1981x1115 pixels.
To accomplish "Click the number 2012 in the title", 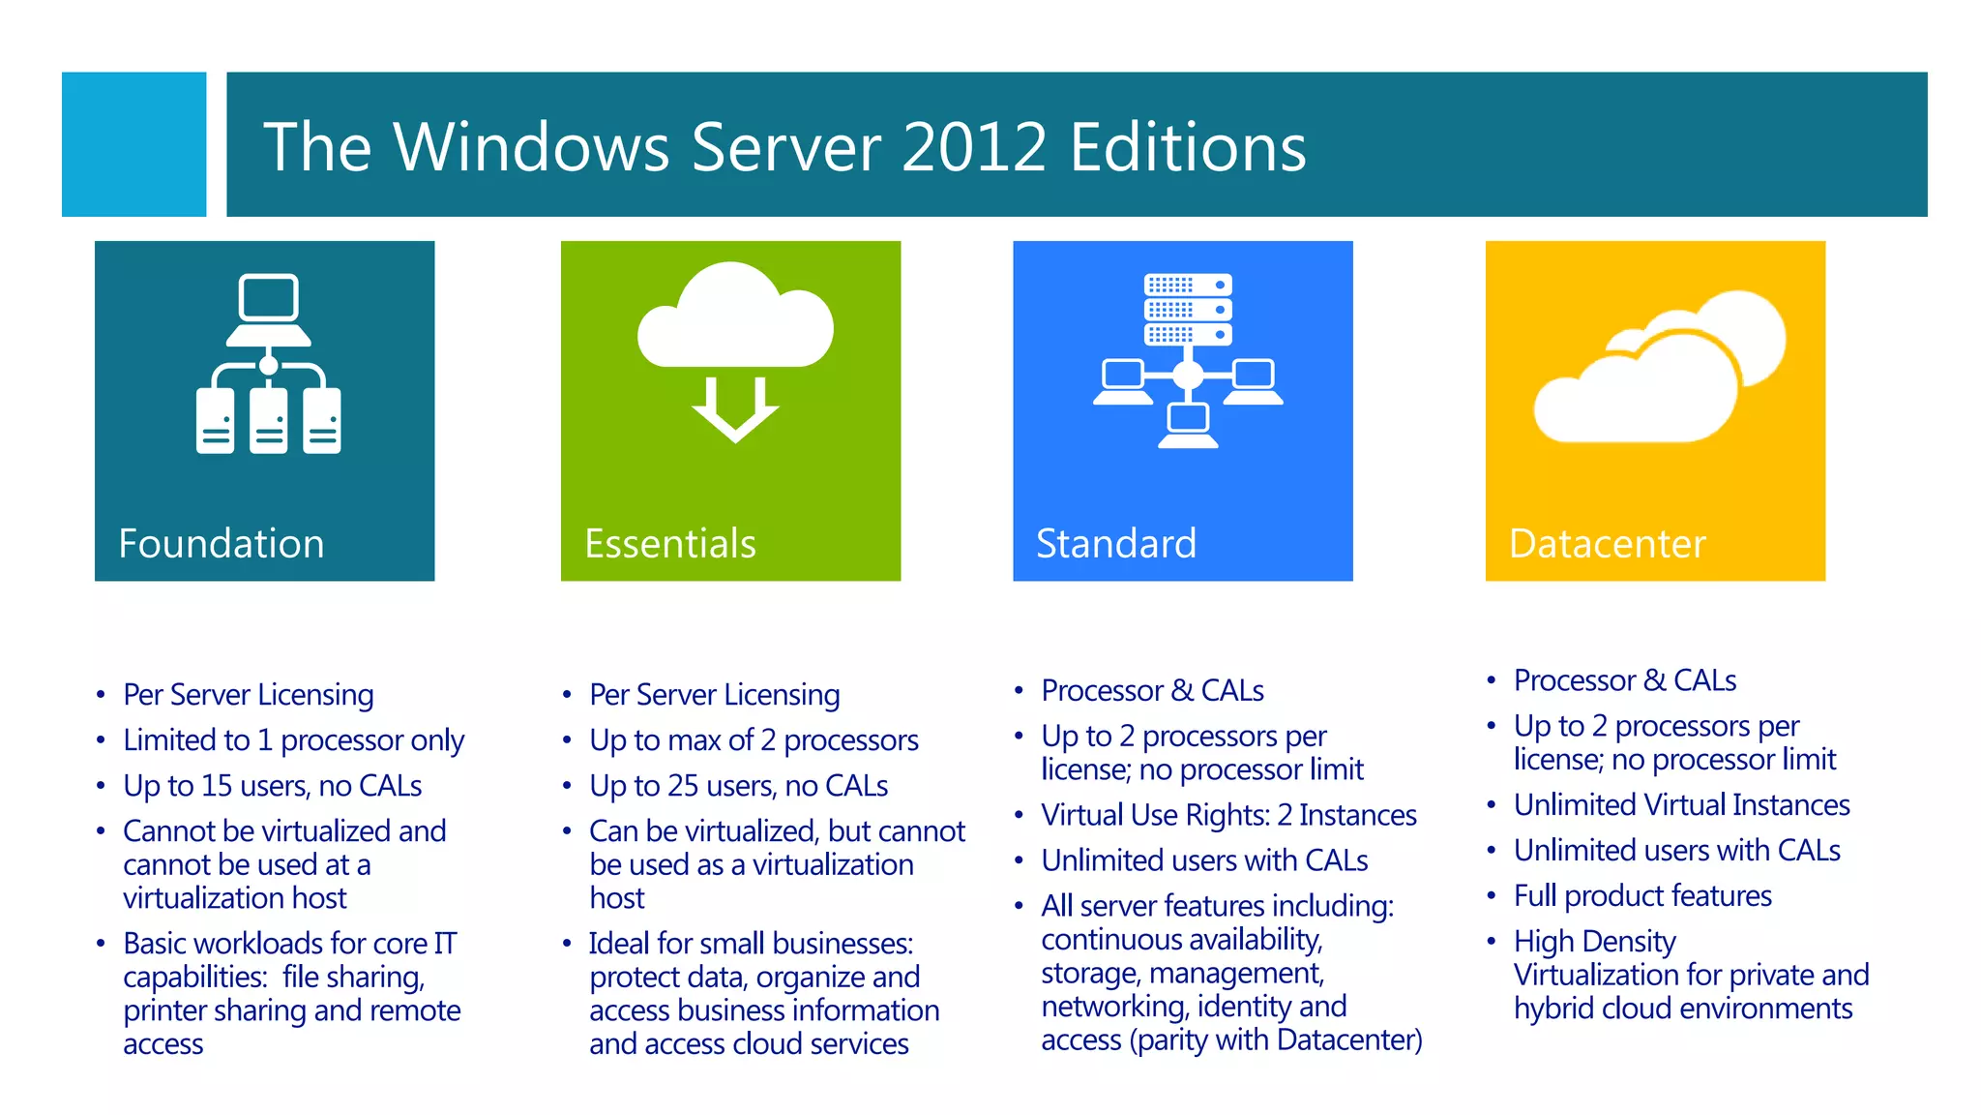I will tap(974, 147).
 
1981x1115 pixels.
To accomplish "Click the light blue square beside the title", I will tap(133, 144).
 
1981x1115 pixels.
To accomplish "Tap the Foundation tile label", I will tap(221, 544).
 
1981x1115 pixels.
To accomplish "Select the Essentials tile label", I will tap(669, 544).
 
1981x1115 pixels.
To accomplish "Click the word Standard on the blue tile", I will tap(1115, 544).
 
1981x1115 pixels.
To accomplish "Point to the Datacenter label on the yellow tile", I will tap(1607, 544).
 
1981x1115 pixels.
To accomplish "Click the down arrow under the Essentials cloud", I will tap(735, 409).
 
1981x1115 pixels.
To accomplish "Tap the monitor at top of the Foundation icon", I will tap(269, 298).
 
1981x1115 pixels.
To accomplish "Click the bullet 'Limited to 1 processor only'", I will tap(293, 740).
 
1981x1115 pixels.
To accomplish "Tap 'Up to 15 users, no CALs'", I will tap(272, 786).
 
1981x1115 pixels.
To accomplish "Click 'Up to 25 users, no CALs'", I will tap(738, 786).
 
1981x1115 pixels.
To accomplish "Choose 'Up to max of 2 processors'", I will tap(754, 740).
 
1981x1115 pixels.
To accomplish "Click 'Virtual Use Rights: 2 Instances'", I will tap(1228, 815).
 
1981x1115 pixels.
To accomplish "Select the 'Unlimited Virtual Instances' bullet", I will tap(1681, 805).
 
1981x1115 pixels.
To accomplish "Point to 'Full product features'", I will tap(1642, 896).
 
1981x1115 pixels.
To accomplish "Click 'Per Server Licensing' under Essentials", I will tap(714, 695).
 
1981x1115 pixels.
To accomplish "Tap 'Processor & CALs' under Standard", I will tap(1152, 691).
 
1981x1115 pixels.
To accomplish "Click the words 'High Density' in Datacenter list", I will tap(1594, 942).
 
